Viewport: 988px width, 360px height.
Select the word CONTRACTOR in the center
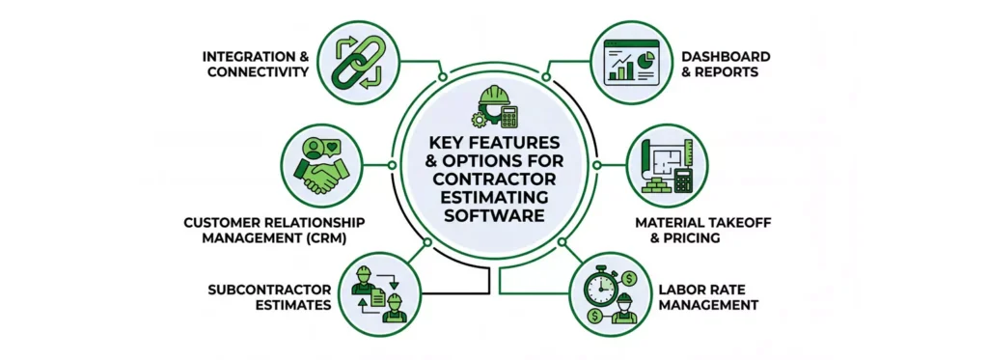[x=493, y=179]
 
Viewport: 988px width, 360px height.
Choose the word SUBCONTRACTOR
[x=270, y=289]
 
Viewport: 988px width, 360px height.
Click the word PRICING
[x=694, y=238]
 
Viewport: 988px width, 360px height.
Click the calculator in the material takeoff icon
[x=682, y=180]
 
